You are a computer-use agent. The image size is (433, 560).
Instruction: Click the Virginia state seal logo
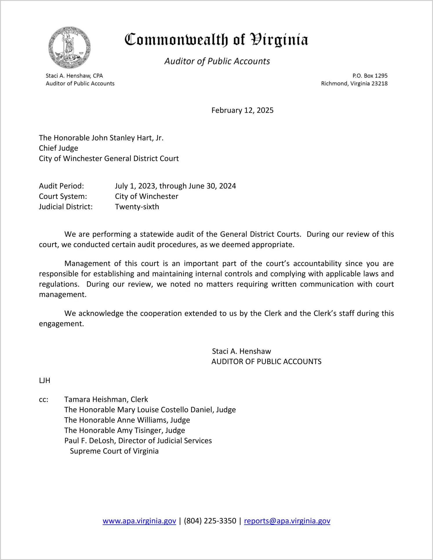pyautogui.click(x=69, y=48)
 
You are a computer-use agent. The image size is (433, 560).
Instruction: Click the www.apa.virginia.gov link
pyautogui.click(x=139, y=521)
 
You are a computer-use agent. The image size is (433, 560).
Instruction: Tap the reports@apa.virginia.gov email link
pyautogui.click(x=287, y=521)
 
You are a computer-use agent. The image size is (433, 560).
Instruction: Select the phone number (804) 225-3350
pyautogui.click(x=210, y=521)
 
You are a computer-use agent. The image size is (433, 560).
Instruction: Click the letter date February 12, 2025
pyautogui.click(x=242, y=110)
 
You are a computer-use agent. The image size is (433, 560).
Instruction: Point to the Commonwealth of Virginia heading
pyautogui.click(x=216, y=40)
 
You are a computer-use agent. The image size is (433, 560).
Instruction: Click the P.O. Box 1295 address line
pyautogui.click(x=370, y=76)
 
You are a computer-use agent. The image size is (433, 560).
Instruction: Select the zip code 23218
pyautogui.click(x=379, y=84)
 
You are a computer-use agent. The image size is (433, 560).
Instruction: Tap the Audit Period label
pyautogui.click(x=61, y=186)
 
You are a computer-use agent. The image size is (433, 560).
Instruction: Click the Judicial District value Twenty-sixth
pyautogui.click(x=137, y=207)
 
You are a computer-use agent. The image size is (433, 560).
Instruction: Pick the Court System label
pyautogui.click(x=63, y=196)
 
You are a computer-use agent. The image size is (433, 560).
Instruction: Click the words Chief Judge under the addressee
pyautogui.click(x=59, y=148)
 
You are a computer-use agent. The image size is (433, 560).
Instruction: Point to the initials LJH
pyautogui.click(x=45, y=380)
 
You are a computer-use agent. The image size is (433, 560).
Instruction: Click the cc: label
pyautogui.click(x=43, y=400)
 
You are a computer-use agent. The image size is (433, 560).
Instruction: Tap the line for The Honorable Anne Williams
pyautogui.click(x=127, y=420)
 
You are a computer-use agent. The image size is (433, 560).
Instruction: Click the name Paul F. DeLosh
pyautogui.click(x=89, y=441)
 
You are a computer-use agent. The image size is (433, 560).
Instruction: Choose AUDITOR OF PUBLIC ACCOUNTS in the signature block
pyautogui.click(x=266, y=362)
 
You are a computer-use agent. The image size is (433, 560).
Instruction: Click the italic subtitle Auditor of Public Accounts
pyautogui.click(x=217, y=61)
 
